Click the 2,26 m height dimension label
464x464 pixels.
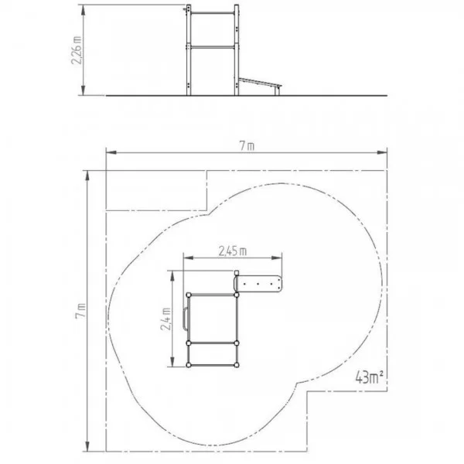point(77,50)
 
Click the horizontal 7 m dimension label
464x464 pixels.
point(247,146)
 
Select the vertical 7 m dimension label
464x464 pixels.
point(80,310)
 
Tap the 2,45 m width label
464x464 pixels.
point(233,251)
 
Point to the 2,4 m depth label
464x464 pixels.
point(165,319)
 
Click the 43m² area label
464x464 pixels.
point(369,377)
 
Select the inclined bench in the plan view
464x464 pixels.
point(258,284)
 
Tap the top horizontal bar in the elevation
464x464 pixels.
point(213,13)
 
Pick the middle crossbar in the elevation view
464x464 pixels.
point(213,46)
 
